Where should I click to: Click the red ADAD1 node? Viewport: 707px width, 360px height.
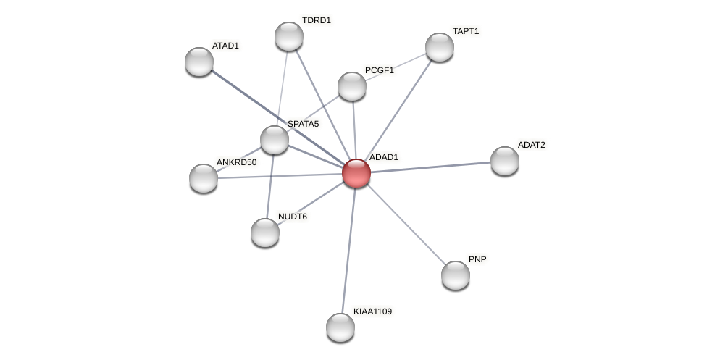point(356,173)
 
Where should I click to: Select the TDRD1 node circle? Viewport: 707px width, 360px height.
point(289,36)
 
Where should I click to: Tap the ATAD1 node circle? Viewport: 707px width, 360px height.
point(199,62)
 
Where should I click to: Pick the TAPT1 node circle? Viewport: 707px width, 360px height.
point(440,47)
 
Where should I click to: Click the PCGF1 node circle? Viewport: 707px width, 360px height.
point(352,86)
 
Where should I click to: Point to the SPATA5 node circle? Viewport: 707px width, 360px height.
point(275,140)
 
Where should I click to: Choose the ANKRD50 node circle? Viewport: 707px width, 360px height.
point(204,177)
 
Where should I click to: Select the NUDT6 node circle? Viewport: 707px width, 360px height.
point(265,233)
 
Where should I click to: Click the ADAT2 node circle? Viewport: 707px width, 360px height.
point(505,161)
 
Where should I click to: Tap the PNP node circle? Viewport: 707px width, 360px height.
point(456,275)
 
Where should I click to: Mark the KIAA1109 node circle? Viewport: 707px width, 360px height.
point(340,327)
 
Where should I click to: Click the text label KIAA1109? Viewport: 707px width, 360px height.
point(372,311)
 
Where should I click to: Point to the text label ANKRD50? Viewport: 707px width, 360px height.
point(236,162)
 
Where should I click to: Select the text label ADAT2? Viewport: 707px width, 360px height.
point(531,145)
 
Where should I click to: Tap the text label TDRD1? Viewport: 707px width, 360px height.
point(316,20)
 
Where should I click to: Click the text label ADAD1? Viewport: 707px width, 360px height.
point(383,157)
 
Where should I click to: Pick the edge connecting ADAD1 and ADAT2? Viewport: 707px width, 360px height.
point(431,167)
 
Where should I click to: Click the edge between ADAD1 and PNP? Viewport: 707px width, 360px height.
point(406,224)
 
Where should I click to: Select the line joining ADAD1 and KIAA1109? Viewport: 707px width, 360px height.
point(348,250)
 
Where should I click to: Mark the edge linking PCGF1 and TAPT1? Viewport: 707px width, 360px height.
point(396,67)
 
